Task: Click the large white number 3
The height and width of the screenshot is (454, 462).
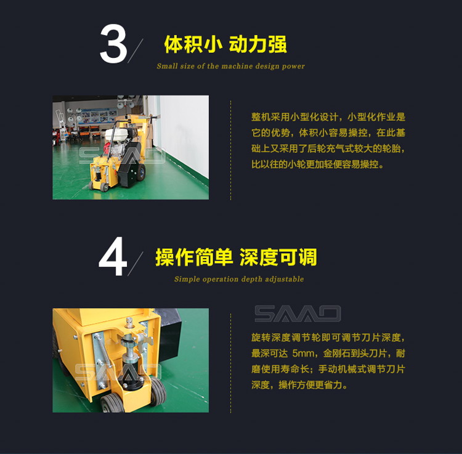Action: click(113, 44)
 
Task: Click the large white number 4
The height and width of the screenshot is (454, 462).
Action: click(113, 256)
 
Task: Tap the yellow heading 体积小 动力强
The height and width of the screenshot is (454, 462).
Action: click(225, 44)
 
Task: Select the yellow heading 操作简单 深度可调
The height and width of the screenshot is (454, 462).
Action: click(236, 257)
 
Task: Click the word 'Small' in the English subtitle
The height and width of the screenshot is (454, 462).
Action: click(167, 66)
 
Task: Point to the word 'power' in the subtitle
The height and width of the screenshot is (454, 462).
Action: click(293, 67)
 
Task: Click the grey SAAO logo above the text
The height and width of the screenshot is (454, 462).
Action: click(298, 314)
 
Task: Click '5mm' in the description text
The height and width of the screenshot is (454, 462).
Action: click(303, 353)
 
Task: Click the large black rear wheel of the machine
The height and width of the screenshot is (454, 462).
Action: click(141, 172)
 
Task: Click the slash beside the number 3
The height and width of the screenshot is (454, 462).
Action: click(136, 51)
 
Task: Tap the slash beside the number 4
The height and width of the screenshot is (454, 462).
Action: click(136, 264)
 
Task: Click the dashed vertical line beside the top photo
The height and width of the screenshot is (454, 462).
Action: click(230, 150)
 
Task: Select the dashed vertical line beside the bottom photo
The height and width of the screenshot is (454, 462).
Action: click(230, 363)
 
